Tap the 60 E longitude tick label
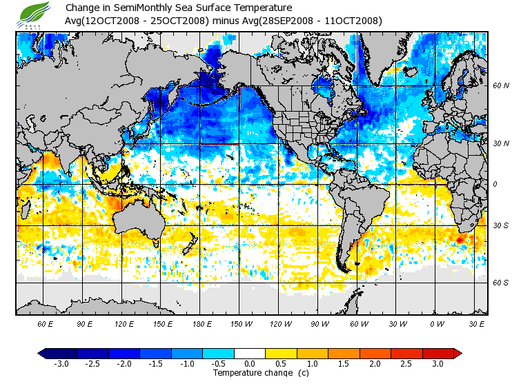45,323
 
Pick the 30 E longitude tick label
476,323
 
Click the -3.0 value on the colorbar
61,363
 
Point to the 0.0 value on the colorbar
250,363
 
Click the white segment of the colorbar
249,353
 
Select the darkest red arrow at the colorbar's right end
457,353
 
